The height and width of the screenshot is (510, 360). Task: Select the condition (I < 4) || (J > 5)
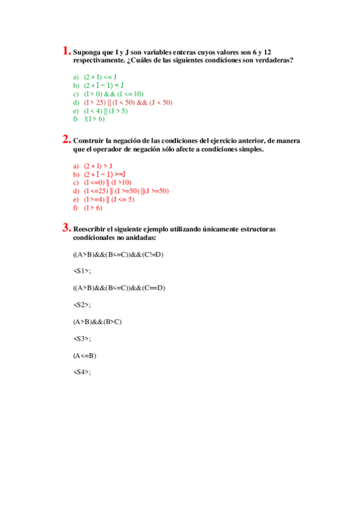click(x=106, y=111)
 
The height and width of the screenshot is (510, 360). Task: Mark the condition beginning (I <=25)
click(x=126, y=191)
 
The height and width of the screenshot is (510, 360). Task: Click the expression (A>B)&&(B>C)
click(x=97, y=322)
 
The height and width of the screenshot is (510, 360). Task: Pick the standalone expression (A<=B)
click(x=84, y=355)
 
